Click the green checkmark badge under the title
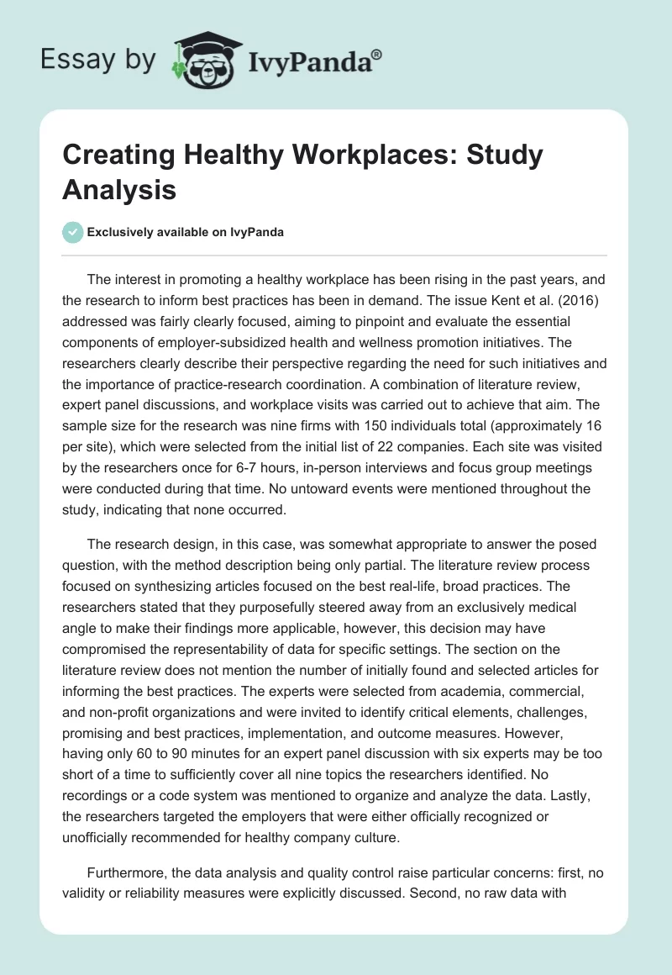[x=73, y=233]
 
